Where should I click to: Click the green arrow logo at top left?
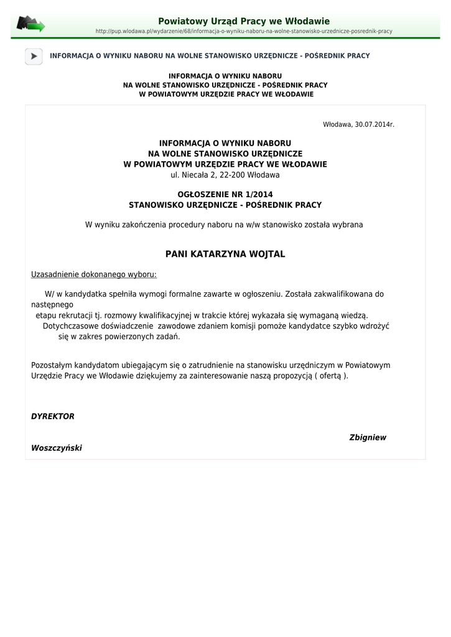coord(30,24)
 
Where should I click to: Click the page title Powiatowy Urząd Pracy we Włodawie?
coord(244,21)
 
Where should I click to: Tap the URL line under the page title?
coord(244,31)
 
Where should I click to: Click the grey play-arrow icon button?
coord(34,56)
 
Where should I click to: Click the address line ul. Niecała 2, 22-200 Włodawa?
coord(225,175)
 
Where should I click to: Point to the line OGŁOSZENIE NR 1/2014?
coord(225,194)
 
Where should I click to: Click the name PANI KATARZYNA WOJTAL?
coord(225,254)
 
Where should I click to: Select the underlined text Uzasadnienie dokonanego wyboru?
coord(94,274)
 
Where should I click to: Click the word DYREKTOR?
coord(53,416)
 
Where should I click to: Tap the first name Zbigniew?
coord(368,437)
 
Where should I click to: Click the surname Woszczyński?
coord(57,448)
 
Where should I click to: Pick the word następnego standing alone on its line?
coord(52,305)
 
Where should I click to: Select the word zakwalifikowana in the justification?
coord(338,294)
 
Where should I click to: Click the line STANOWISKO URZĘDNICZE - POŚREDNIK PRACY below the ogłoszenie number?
coord(225,205)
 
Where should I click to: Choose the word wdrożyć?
coord(374,326)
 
